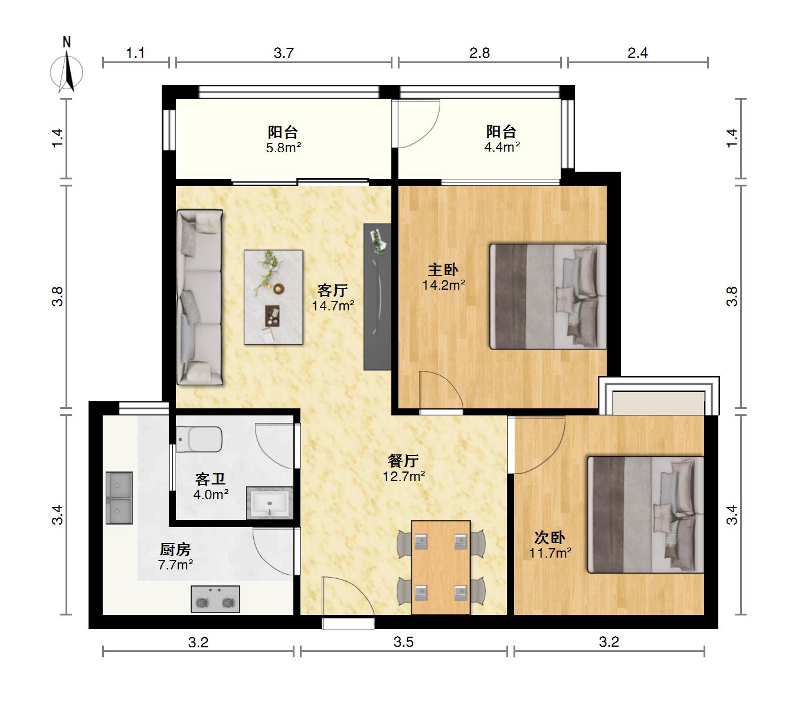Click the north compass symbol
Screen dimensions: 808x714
click(67, 68)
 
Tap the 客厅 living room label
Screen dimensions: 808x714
click(333, 290)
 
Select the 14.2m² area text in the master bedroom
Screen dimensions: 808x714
click(444, 285)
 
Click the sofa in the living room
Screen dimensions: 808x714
click(199, 297)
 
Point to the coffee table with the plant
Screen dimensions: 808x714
click(274, 297)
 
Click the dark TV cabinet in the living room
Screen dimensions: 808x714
click(377, 297)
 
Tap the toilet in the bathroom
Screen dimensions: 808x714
click(199, 440)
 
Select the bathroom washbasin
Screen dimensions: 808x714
click(270, 503)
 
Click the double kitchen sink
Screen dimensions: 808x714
click(119, 498)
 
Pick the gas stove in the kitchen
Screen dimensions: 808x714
click(215, 599)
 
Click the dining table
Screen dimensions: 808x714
click(441, 567)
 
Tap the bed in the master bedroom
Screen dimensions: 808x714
click(548, 297)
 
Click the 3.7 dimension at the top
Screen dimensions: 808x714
click(283, 53)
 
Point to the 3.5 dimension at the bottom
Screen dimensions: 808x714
click(404, 642)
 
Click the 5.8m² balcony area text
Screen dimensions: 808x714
click(283, 148)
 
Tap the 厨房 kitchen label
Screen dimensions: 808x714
click(175, 549)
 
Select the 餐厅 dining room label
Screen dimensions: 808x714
click(403, 461)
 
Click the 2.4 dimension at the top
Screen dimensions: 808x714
click(637, 53)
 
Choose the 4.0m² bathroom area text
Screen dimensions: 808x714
click(211, 494)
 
